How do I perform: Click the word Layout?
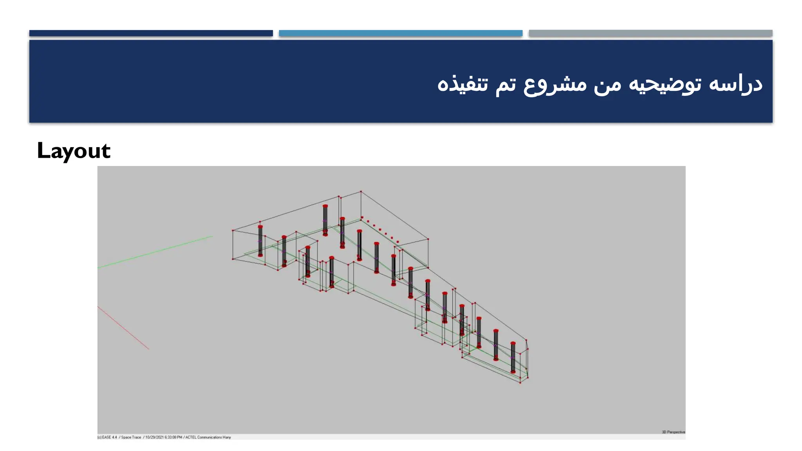point(74,151)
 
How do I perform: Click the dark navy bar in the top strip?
point(151,33)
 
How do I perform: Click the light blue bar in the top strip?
point(400,33)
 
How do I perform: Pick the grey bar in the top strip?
point(650,33)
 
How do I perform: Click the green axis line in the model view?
point(157,252)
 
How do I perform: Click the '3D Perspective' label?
point(673,432)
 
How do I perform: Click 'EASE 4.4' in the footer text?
point(109,437)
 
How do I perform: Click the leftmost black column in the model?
point(260,241)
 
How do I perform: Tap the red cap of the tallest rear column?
point(325,206)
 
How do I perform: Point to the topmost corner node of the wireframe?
point(361,191)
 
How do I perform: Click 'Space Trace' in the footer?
point(131,437)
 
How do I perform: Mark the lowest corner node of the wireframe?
point(520,382)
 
